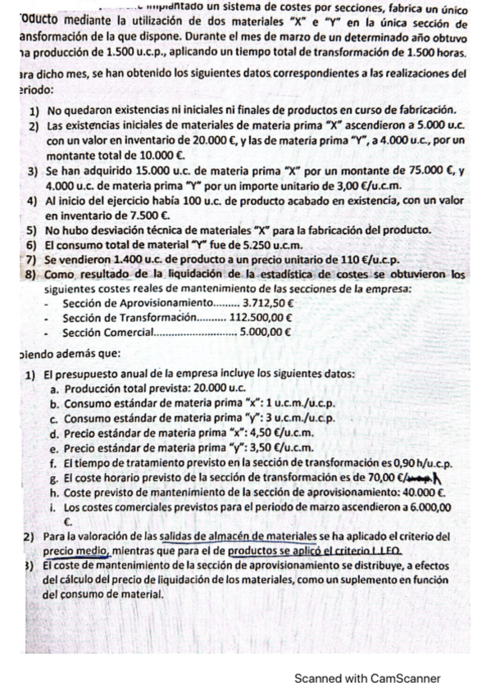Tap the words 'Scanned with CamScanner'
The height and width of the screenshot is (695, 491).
pos(368,678)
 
